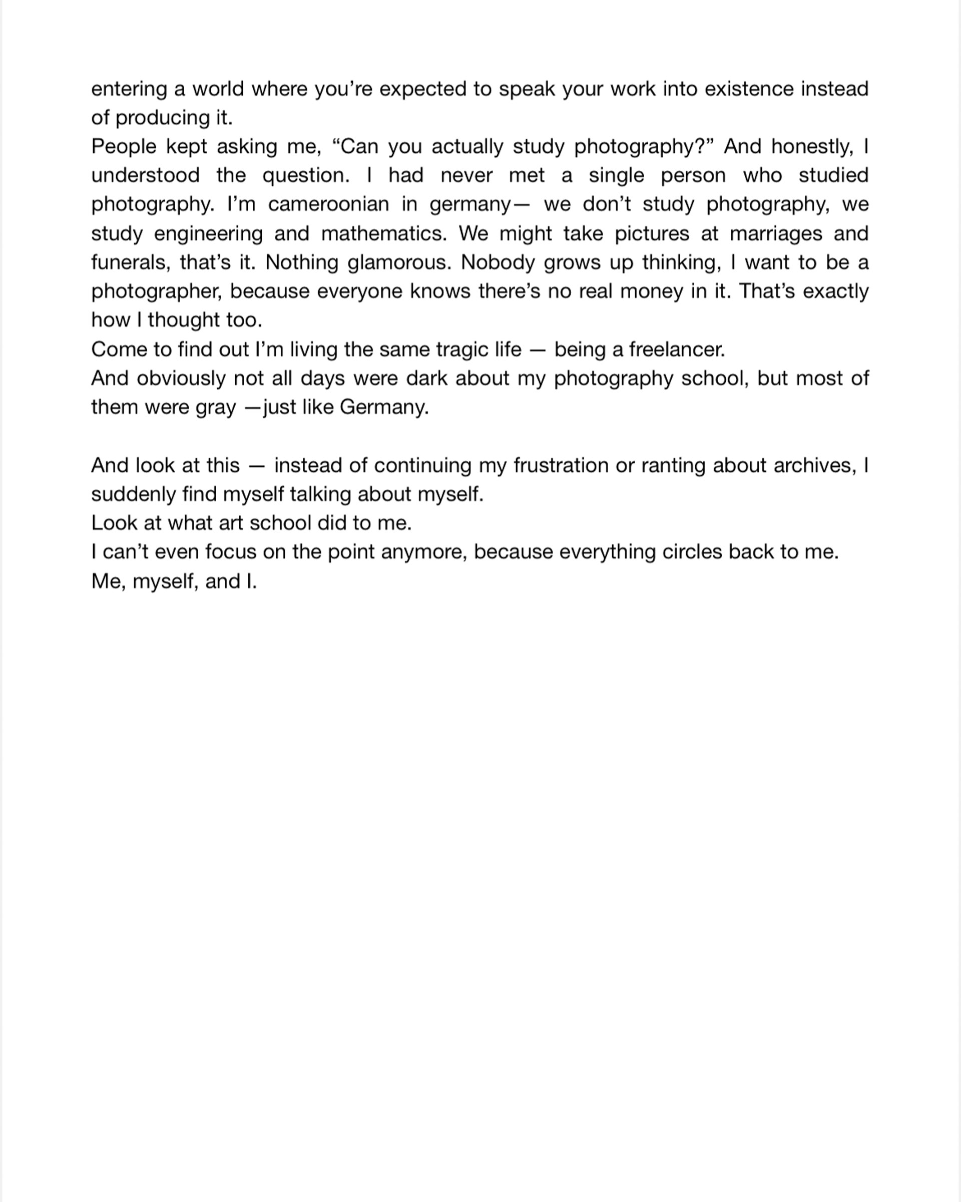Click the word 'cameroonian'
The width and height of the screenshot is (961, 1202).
pos(328,205)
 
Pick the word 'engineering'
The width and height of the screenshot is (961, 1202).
pos(208,233)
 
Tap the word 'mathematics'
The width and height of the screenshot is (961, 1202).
pos(383,233)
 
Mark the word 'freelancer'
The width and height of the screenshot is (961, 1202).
pos(676,350)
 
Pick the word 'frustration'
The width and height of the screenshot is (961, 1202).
pos(561,465)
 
